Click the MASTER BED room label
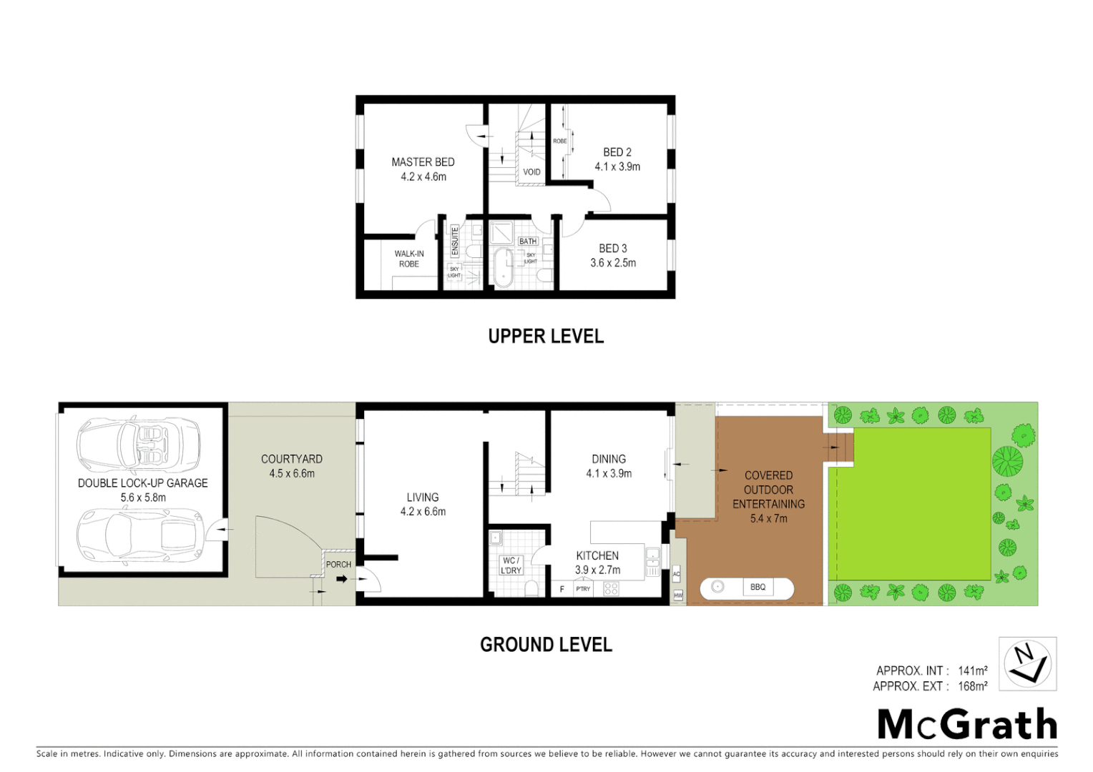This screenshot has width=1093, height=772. [423, 162]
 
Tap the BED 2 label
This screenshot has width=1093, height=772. [617, 152]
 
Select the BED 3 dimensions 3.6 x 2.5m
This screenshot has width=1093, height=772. [613, 263]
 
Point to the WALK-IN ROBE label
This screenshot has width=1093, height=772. [409, 259]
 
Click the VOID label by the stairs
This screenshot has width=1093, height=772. [531, 172]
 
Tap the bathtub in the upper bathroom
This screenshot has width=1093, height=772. [504, 267]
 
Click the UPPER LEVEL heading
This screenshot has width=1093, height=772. [546, 337]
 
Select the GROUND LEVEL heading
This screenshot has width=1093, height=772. [546, 645]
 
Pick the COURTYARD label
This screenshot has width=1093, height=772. [292, 459]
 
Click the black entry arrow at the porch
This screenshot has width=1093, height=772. [342, 578]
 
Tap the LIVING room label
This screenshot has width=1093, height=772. [423, 498]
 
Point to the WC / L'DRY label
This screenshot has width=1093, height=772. [511, 565]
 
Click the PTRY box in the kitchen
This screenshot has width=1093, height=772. [584, 589]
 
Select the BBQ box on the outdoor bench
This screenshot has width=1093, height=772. [758, 588]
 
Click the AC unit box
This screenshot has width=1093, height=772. [677, 574]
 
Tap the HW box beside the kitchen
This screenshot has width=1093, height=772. [678, 595]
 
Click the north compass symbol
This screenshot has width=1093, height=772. [1027, 663]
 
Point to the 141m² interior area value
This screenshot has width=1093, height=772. [972, 670]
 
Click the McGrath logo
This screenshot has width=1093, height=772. [967, 725]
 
